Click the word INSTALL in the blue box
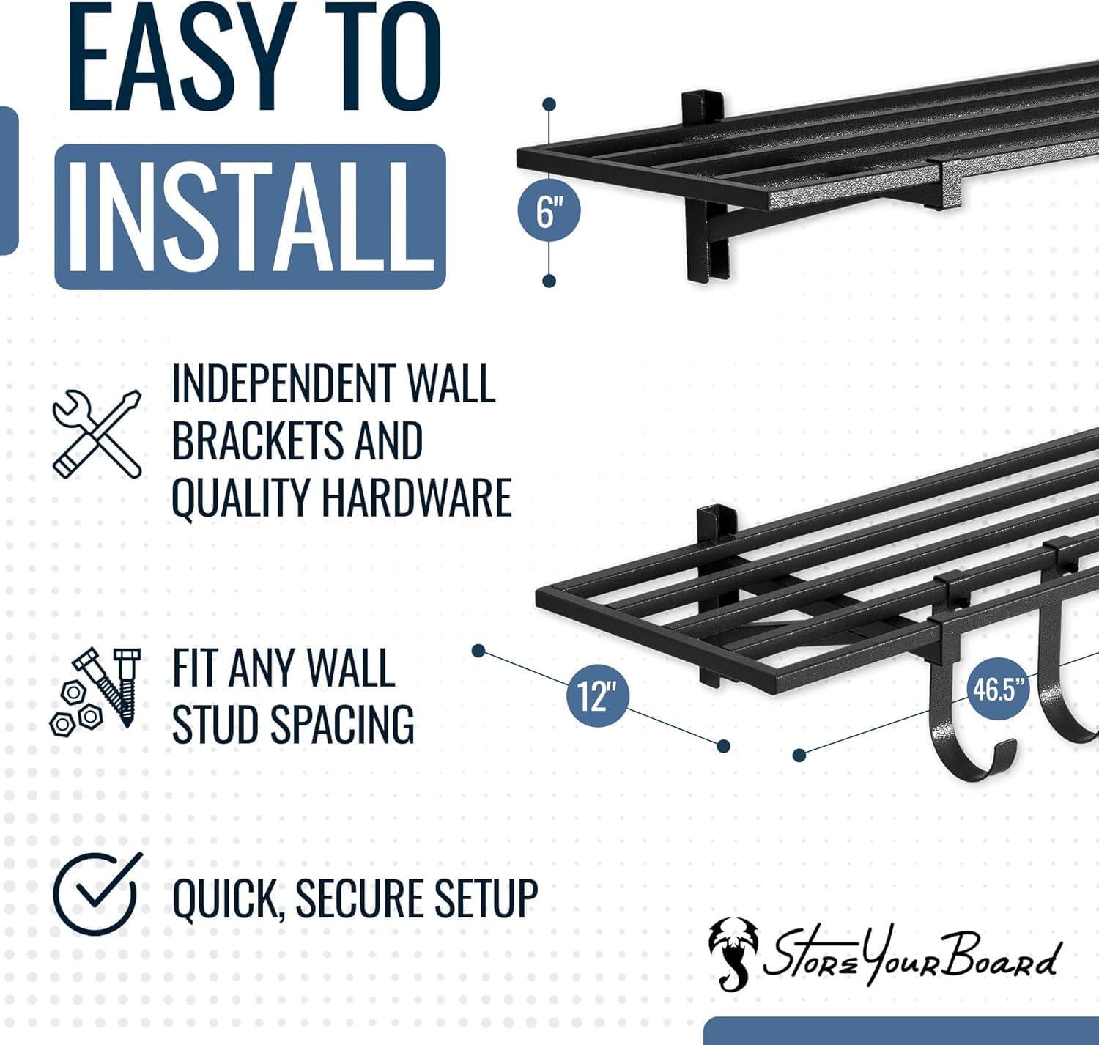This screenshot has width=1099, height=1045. [250, 216]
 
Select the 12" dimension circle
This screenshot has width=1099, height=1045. [598, 694]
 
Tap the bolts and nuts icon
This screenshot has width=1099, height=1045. [91, 689]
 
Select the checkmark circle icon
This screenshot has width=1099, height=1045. [95, 893]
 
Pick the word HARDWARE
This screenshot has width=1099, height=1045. [416, 498]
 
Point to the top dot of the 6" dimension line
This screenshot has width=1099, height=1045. [549, 106]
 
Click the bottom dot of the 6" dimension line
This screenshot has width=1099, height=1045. [549, 281]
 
